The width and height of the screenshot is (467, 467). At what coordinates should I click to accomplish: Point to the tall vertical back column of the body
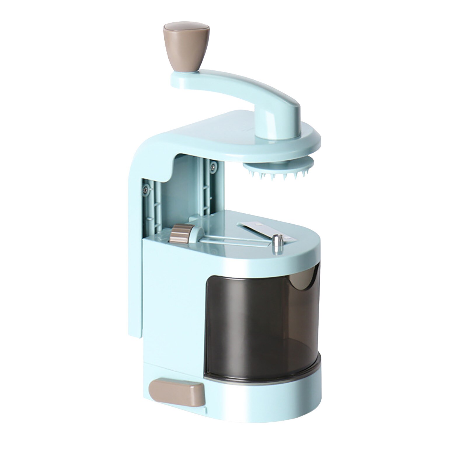135,233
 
